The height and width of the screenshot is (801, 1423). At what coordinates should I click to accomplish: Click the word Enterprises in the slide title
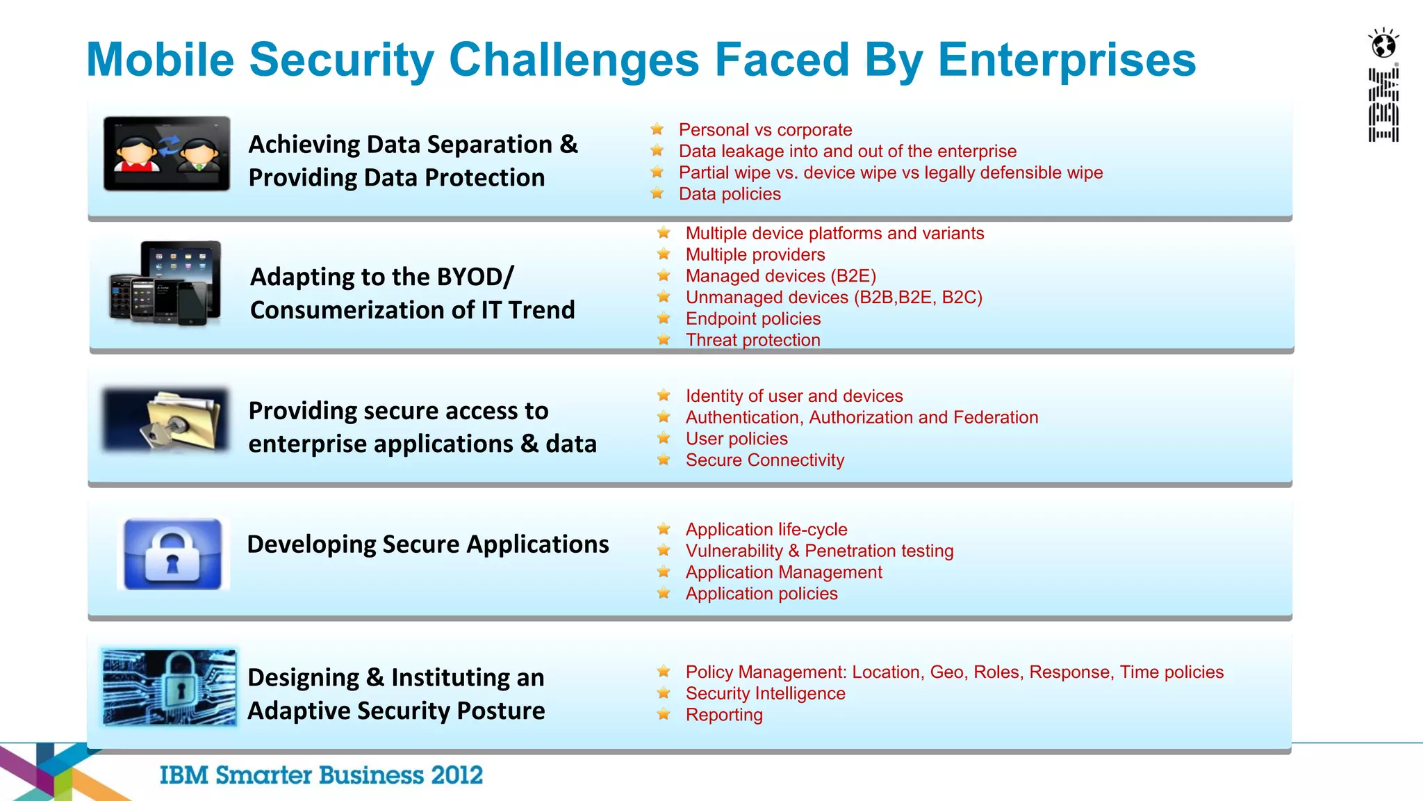(x=1067, y=60)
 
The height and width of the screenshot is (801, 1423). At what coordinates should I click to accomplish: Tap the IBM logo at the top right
(x=1383, y=105)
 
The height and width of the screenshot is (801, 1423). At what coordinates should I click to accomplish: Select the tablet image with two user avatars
(x=167, y=154)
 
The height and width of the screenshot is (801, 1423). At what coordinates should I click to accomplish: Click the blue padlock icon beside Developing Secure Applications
(x=173, y=554)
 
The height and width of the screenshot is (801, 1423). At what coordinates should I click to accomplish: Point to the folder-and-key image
(x=166, y=421)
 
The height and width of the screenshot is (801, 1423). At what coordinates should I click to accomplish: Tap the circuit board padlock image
(x=170, y=688)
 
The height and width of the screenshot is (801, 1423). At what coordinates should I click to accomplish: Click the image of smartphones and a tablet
(x=165, y=283)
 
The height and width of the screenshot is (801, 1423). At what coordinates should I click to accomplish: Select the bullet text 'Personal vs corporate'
(x=765, y=130)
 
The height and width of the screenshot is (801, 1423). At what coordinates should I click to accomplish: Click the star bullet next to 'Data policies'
(x=657, y=194)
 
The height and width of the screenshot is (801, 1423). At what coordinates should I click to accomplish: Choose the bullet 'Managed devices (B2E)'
(x=780, y=276)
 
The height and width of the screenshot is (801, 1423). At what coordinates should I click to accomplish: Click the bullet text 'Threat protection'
(x=752, y=340)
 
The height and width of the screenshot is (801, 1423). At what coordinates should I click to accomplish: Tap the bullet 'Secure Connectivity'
(x=764, y=460)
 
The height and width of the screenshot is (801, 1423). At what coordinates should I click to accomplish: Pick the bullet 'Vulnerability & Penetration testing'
(x=819, y=551)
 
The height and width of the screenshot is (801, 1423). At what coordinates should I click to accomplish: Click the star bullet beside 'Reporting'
(x=664, y=715)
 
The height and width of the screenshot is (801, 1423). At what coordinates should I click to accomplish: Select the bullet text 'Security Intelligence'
(x=765, y=693)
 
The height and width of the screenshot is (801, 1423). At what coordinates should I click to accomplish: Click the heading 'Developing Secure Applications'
(x=428, y=544)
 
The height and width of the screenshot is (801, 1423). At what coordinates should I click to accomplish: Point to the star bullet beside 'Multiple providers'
(x=664, y=254)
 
